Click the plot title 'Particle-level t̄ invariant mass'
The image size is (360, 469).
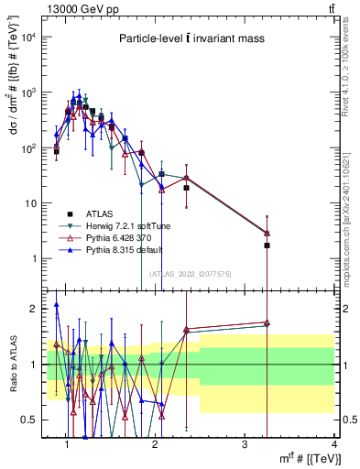pos(190,38)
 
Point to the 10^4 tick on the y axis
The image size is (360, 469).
pos(27,37)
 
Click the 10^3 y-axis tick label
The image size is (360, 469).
pos(27,93)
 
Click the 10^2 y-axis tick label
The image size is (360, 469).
pos(27,147)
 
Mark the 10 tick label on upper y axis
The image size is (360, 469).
pos(30,202)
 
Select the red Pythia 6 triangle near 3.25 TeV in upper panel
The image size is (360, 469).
pos(267,233)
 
